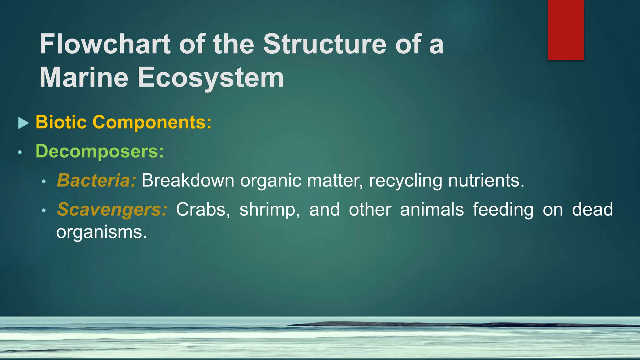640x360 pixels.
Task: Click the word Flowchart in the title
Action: (105, 44)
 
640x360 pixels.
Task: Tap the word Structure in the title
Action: (325, 44)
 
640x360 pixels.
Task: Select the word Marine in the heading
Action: (84, 77)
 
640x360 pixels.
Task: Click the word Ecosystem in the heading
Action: (211, 77)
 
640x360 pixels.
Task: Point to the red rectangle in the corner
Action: (566, 30)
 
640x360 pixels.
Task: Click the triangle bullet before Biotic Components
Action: (23, 123)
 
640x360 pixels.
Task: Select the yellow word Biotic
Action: (61, 122)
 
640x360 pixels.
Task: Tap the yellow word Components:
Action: (152, 122)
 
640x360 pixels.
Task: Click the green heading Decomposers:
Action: (100, 151)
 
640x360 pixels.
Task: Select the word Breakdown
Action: (188, 180)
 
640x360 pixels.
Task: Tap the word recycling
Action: (406, 180)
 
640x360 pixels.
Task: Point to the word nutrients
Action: (486, 180)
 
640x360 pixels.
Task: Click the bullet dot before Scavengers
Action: (44, 211)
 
